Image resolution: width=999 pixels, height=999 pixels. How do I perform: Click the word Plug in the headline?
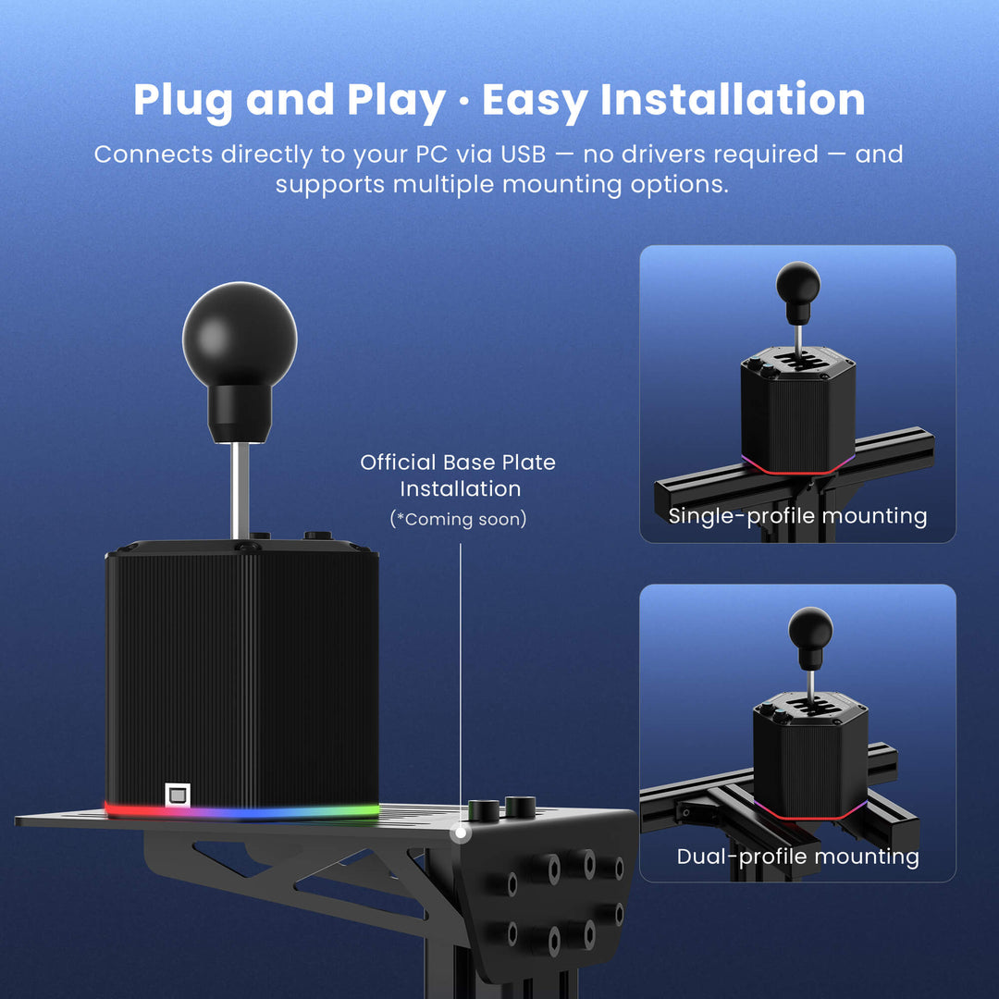tap(183, 100)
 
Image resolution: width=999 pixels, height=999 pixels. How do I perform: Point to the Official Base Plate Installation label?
tap(459, 475)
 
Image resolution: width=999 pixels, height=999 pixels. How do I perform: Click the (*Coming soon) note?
tap(459, 520)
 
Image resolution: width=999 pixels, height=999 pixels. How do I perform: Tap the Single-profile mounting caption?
tap(797, 516)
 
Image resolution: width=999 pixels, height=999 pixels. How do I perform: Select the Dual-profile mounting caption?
tap(797, 857)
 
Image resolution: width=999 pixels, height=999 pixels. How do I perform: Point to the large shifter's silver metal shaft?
tap(240, 490)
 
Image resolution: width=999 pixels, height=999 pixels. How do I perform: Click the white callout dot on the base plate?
tap(460, 833)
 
